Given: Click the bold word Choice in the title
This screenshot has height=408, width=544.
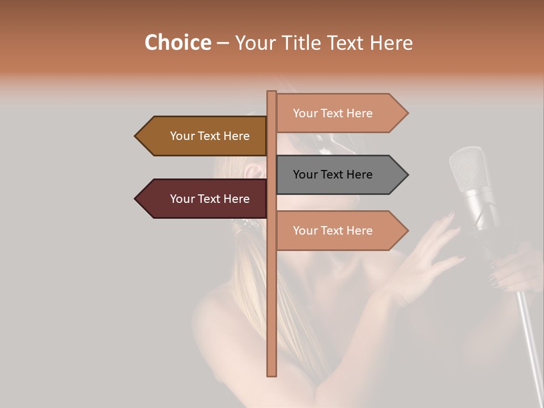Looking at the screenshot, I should point(177,42).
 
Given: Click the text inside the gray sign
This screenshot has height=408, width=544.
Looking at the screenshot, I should point(333,175).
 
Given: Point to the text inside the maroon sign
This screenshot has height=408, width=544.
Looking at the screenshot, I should point(210,199).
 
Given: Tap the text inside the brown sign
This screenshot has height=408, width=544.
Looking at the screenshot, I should point(210,136).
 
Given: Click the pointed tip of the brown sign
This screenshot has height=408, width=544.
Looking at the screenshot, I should point(137,136).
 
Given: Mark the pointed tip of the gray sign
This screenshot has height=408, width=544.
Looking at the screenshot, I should point(406,175).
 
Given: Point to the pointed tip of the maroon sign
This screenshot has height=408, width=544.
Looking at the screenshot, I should point(137,199).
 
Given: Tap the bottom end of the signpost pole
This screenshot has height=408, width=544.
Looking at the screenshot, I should point(271,373).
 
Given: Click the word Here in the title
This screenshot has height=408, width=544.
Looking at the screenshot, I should point(392,42).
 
